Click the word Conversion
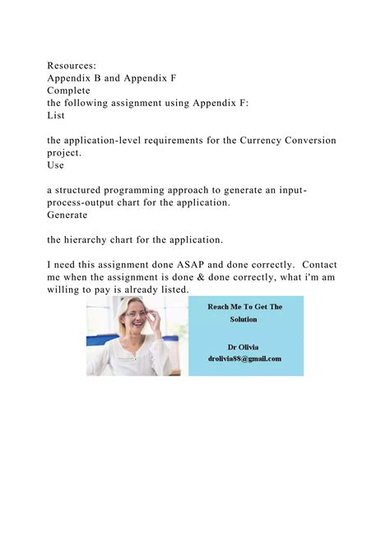(x=304, y=141)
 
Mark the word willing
(x=66, y=289)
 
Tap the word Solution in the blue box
(x=244, y=318)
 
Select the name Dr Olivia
(x=244, y=345)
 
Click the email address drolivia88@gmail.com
(x=244, y=358)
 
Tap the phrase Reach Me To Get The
(x=244, y=307)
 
